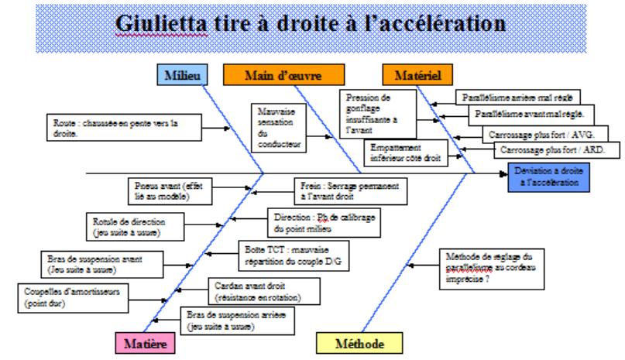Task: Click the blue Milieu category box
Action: tap(183, 75)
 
